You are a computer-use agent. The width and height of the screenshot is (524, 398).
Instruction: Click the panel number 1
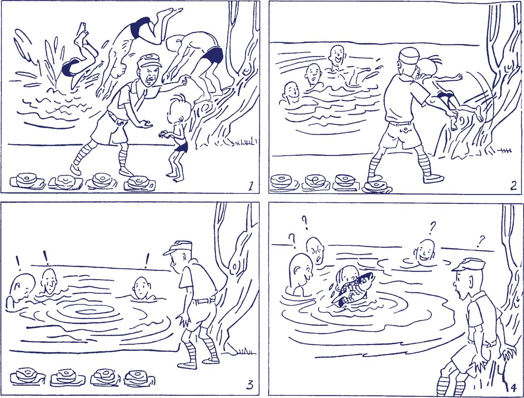250,185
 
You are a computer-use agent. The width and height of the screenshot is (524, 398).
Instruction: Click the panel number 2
513,186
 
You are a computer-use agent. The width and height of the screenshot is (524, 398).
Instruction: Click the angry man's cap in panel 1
149,61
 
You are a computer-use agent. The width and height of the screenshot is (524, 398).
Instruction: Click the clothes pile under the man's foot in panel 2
377,187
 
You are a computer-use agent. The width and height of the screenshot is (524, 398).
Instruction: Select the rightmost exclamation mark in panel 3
147,261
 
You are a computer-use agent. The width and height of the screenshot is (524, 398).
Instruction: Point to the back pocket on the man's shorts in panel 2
404,130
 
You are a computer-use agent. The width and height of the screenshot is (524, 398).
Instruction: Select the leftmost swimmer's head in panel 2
291,93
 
